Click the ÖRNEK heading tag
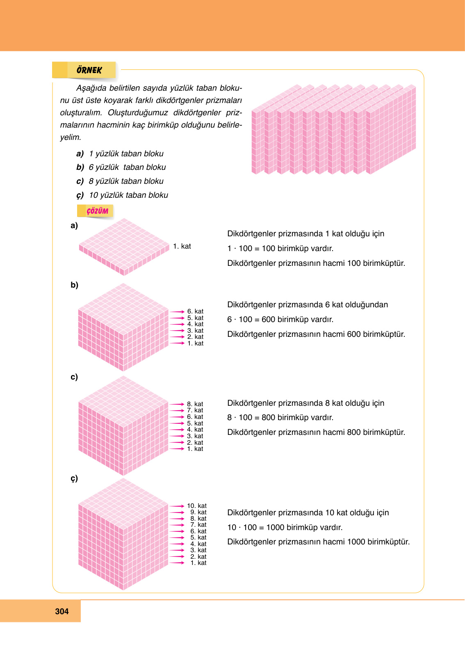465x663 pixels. click(x=89, y=70)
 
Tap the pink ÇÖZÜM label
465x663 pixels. click(x=97, y=211)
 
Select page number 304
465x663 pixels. click(x=62, y=611)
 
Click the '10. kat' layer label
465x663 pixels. click(x=197, y=506)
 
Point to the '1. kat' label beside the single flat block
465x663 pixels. click(x=182, y=246)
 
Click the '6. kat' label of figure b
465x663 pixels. click(x=195, y=311)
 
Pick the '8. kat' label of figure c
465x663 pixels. click(x=195, y=404)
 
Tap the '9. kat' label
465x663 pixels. click(x=198, y=512)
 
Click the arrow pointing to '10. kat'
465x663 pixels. click(x=177, y=506)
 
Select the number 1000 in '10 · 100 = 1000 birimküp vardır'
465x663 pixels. click(x=275, y=527)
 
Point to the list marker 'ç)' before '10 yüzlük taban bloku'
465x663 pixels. click(x=80, y=195)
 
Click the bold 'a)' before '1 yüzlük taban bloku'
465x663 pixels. click(x=80, y=154)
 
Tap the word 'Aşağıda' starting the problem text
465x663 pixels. click(x=91, y=88)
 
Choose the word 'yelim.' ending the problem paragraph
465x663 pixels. click(x=71, y=137)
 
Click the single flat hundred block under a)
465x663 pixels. click(x=124, y=246)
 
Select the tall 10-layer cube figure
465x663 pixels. click(x=123, y=534)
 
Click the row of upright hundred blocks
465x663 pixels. click(x=333, y=129)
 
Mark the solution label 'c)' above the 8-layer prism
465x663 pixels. click(x=74, y=377)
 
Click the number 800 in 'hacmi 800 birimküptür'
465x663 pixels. click(x=353, y=432)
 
